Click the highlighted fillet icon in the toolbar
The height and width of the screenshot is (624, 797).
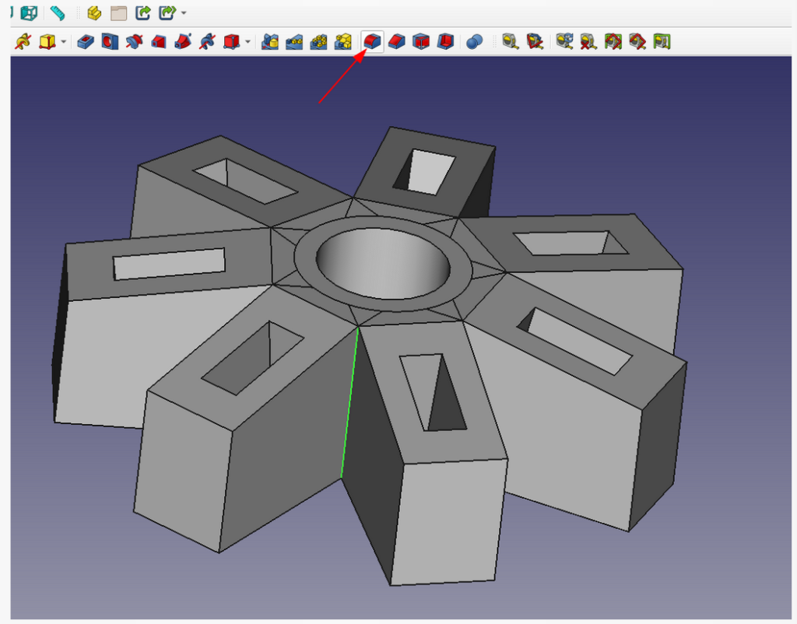[x=373, y=41]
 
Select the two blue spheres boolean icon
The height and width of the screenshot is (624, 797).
[x=474, y=42]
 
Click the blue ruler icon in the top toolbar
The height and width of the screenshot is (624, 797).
[x=58, y=12]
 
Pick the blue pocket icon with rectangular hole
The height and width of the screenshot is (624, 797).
[x=86, y=41]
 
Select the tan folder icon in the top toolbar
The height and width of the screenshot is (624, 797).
[x=118, y=13]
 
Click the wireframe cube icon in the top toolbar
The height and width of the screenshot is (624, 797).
[x=30, y=12]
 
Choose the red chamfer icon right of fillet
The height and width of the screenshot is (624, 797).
[x=397, y=41]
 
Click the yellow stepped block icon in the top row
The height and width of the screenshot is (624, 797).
[x=94, y=13]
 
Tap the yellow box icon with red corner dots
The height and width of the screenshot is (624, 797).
[x=48, y=41]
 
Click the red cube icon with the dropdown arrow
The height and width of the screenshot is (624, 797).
[x=231, y=41]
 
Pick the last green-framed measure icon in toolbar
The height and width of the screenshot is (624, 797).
[x=662, y=41]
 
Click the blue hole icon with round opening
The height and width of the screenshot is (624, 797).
[x=109, y=41]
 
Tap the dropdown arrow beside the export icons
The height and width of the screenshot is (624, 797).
[x=183, y=13]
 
